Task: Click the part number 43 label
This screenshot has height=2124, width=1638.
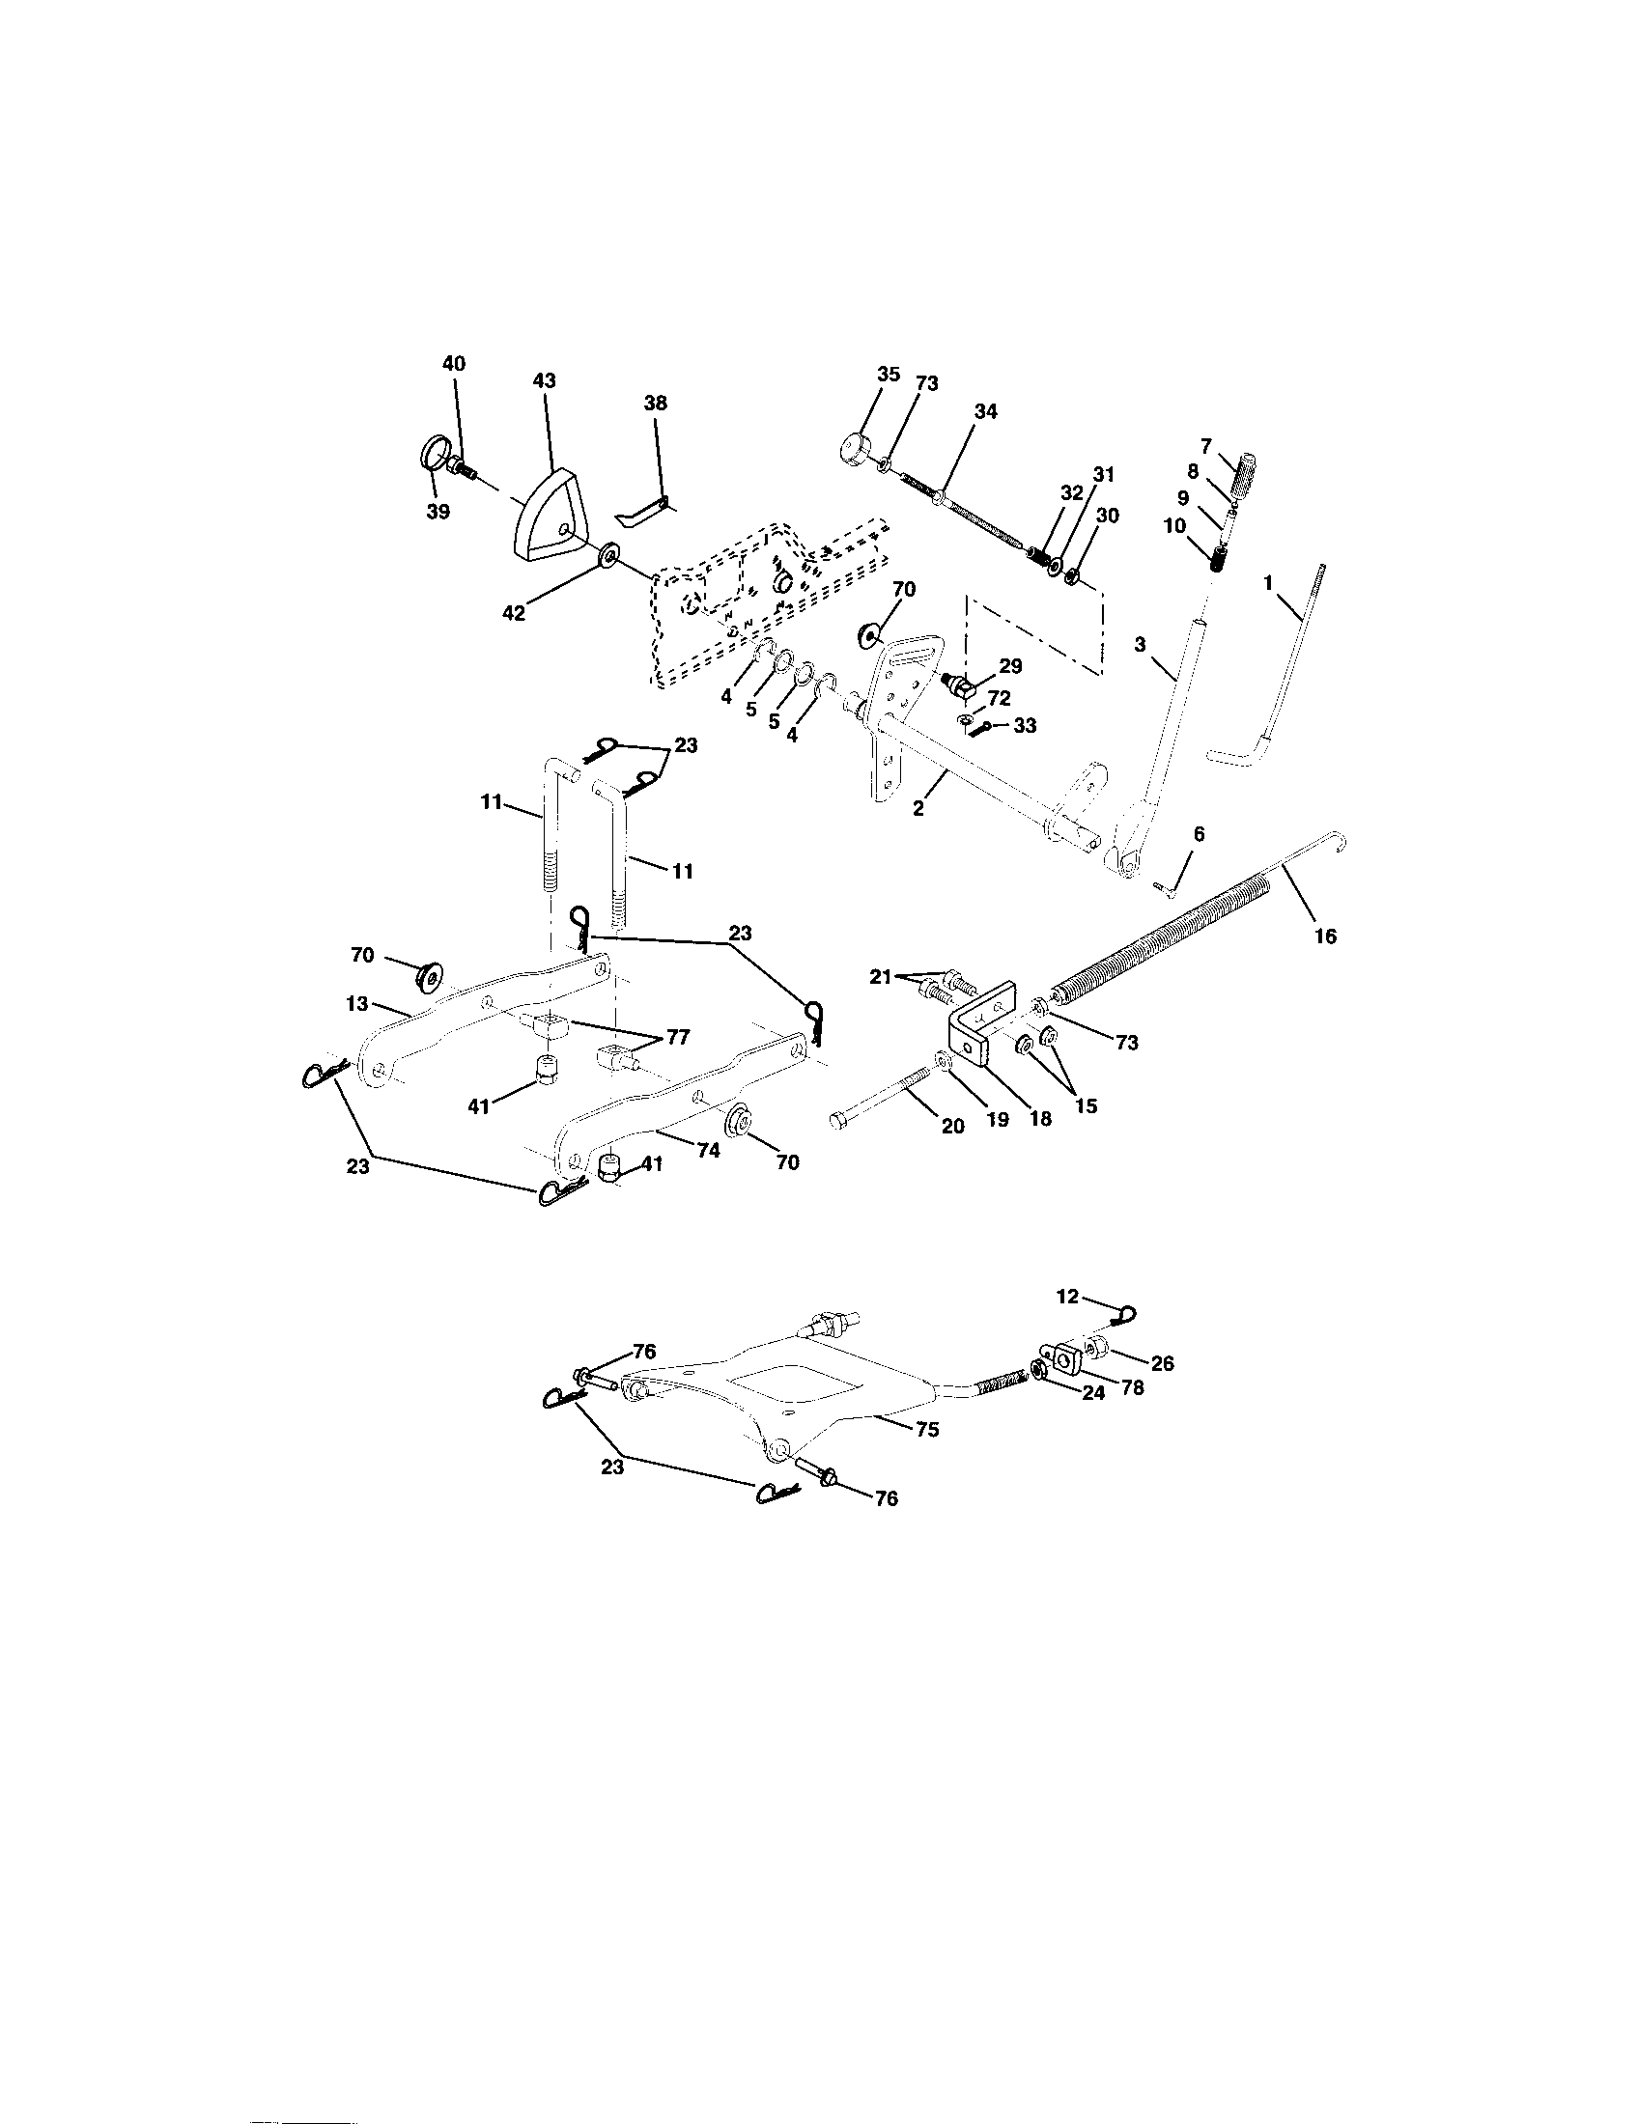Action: (544, 381)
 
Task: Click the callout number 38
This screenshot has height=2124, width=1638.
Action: (656, 403)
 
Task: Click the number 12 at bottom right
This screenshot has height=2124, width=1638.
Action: (1067, 1297)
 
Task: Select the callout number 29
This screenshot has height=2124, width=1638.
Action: (1011, 666)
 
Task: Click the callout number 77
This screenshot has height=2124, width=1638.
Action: (677, 1038)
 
